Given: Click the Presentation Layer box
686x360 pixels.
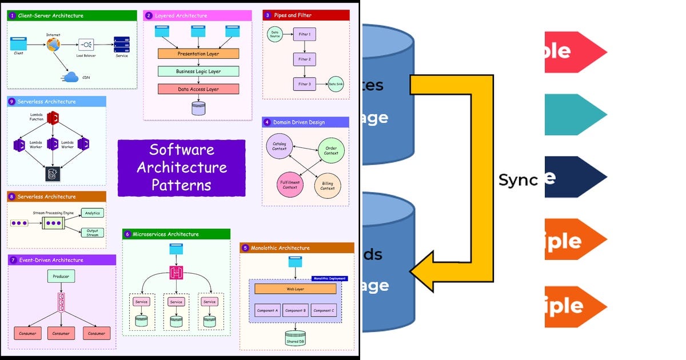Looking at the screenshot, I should point(198,54).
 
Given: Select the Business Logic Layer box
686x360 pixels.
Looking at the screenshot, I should point(198,71).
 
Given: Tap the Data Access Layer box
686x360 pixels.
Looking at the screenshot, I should point(198,89).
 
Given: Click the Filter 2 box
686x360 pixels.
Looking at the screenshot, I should point(304,59).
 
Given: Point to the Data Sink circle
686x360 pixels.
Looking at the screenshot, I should point(336,84).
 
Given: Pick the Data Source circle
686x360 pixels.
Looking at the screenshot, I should point(275,35).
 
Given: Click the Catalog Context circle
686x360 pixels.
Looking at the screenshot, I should point(280,146).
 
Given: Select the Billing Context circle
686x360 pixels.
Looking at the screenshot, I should point(328,186).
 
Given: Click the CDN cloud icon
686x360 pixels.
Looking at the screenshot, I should point(71,77).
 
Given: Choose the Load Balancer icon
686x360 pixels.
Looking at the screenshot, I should point(87,45).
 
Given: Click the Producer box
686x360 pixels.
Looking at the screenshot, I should point(61,277).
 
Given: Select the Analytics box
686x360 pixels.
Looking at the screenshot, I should point(93,213).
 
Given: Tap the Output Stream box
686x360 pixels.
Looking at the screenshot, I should point(93,232).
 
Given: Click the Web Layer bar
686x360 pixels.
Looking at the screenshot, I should point(295,289).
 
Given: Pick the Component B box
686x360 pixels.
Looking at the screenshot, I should point(296,310).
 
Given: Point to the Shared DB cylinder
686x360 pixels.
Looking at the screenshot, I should point(296,338).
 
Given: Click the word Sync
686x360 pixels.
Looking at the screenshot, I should point(518,180).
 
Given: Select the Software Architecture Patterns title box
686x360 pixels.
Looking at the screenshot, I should point(181,168).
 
